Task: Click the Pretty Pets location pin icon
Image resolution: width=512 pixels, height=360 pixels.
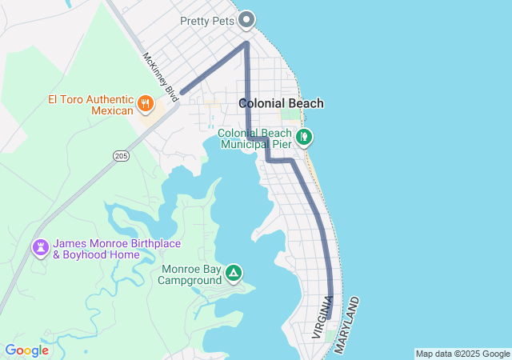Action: [x=246, y=19]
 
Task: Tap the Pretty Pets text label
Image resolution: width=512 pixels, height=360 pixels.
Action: [x=206, y=21]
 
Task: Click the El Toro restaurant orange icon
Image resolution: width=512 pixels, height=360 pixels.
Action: [x=146, y=102]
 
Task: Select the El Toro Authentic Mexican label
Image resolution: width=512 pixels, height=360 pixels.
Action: [x=90, y=105]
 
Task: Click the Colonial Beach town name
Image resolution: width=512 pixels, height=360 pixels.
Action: [x=281, y=103]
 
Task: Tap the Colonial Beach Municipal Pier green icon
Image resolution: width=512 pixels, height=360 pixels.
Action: [x=304, y=138]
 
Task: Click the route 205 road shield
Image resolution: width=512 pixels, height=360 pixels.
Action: [x=121, y=155]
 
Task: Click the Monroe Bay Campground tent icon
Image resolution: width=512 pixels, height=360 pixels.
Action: [x=233, y=274]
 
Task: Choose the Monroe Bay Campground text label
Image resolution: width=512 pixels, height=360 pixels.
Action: [x=190, y=274]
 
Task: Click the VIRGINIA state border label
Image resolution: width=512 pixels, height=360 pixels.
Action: [x=323, y=316]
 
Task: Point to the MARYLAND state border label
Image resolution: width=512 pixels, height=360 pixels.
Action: [x=347, y=325]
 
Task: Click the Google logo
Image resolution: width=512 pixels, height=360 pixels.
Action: [x=26, y=350]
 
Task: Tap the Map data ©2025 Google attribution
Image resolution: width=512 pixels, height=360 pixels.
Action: [x=462, y=354]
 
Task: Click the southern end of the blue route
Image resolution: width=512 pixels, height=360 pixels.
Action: [x=330, y=318]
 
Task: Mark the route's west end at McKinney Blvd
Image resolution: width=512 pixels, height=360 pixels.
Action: [x=182, y=93]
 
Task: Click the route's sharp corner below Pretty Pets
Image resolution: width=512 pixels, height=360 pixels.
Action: [x=246, y=43]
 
